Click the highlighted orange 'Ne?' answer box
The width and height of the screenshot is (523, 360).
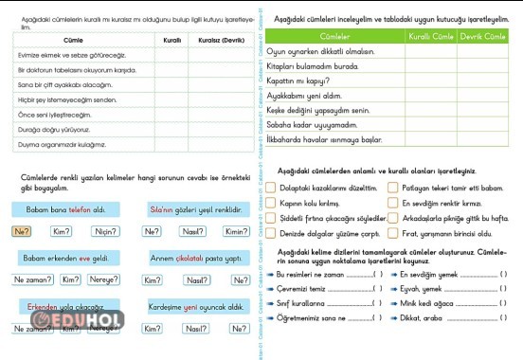(23, 231)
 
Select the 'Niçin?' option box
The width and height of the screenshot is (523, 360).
(106, 231)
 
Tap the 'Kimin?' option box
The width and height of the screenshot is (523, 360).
(235, 231)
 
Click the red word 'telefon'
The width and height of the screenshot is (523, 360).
(79, 208)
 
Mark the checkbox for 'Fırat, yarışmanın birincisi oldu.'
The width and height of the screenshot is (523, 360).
(392, 233)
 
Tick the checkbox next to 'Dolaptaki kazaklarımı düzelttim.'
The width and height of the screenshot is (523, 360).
(272, 188)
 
